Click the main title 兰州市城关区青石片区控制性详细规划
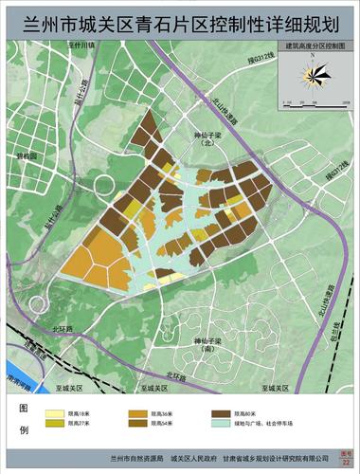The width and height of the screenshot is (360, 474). tap(179, 17)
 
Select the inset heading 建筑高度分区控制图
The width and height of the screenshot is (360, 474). tap(310, 46)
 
